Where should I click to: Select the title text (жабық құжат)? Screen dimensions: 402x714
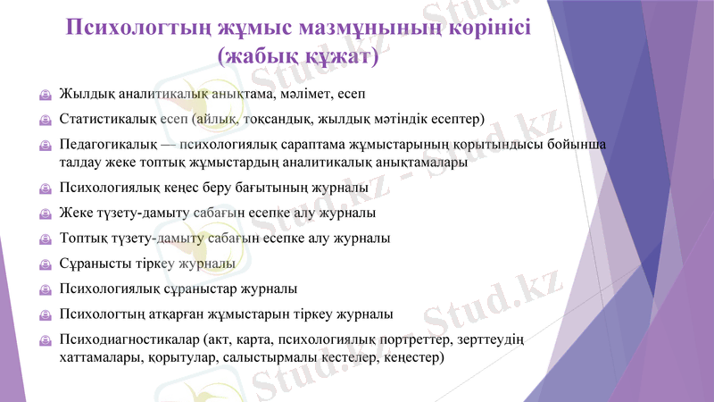tap(298, 56)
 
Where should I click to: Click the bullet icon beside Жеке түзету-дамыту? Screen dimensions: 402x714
tap(45, 214)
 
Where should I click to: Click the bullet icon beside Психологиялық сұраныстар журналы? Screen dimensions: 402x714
tap(45, 289)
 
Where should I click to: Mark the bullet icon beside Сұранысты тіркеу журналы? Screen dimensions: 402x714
tap(45, 264)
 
